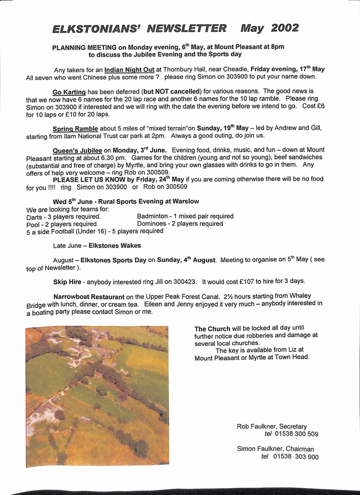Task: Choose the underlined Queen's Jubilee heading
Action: [x=77, y=150]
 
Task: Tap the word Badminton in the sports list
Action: [x=152, y=216]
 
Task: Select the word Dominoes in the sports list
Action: [x=152, y=224]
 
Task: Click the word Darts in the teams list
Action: [x=34, y=217]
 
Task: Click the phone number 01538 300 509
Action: [x=296, y=434]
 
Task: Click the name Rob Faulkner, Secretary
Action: [x=272, y=426]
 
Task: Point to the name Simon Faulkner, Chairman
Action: [x=275, y=449]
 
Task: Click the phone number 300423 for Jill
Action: [x=187, y=281]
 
